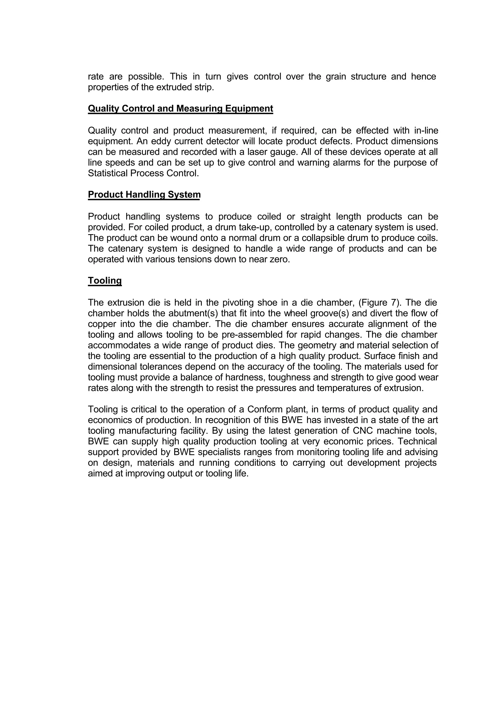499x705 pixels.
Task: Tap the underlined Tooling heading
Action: (x=105, y=280)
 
